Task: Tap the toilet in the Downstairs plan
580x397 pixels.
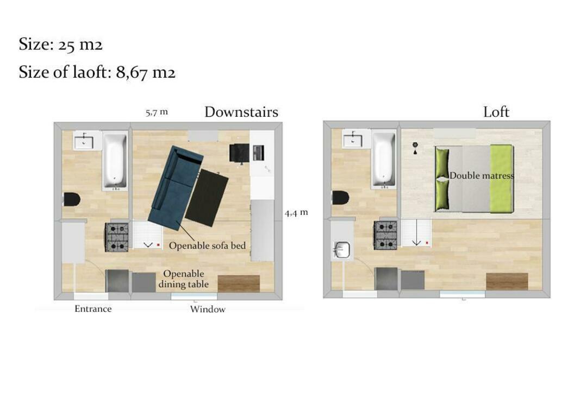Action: pos(72,199)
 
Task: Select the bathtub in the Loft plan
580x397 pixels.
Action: pos(384,160)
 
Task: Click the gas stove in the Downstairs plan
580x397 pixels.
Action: pos(117,237)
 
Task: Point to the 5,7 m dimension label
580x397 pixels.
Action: pos(157,112)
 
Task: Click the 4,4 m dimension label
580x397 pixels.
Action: pos(296,213)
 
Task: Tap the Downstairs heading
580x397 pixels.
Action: pos(241,112)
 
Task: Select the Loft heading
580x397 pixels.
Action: pos(496,112)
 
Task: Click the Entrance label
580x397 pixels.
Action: pos(93,308)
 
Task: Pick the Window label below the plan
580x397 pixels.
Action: pos(208,309)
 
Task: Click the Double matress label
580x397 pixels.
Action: pos(482,175)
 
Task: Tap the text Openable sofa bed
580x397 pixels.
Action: pos(207,245)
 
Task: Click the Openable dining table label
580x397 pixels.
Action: pos(184,279)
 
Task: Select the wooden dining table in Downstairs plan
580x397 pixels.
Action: pos(239,283)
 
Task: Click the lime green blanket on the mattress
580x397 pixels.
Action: pos(501,179)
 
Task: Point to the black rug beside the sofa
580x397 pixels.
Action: pos(207,197)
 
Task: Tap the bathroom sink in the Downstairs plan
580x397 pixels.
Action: pos(84,141)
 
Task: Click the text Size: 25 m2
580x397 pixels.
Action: pos(60,45)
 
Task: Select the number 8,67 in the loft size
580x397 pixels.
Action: pos(132,72)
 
